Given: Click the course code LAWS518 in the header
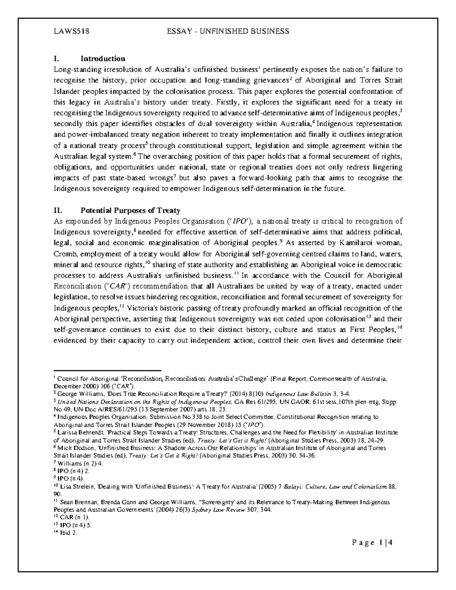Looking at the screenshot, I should (71, 32).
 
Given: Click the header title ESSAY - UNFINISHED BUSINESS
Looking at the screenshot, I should (228, 32).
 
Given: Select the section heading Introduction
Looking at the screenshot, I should (103, 59).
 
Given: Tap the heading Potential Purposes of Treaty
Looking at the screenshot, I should (130, 210).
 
